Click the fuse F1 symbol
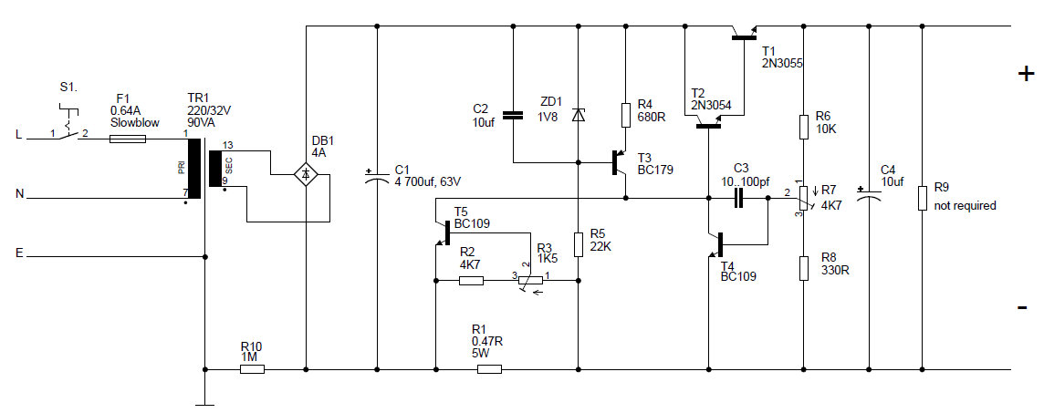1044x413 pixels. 127,139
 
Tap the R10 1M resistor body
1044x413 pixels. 251,369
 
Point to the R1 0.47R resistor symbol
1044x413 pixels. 490,369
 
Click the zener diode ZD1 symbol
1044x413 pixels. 578,116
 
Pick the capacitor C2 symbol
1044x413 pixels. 513,116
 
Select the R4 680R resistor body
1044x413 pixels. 626,115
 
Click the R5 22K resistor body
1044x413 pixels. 578,244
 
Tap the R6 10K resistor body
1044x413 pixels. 802,126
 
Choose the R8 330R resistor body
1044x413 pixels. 802,268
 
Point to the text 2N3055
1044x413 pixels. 781,64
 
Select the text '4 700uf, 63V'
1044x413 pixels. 427,180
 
